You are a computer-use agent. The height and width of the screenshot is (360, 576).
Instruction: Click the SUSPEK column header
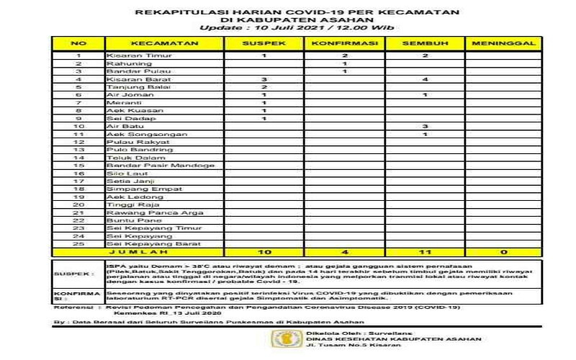pyautogui.click(x=265, y=44)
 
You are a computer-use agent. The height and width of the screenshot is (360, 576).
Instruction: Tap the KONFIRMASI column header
pyautogui.click(x=346, y=44)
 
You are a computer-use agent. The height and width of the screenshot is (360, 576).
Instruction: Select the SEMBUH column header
pyautogui.click(x=426, y=44)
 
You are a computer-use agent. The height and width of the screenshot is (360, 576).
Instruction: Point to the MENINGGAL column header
pyautogui.click(x=504, y=44)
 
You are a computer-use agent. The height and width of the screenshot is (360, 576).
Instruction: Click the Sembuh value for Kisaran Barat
pyautogui.click(x=426, y=78)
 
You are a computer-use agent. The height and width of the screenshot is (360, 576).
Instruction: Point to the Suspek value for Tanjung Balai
pyautogui.click(x=265, y=86)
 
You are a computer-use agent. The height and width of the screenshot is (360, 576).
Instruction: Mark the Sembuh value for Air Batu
pyautogui.click(x=426, y=126)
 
